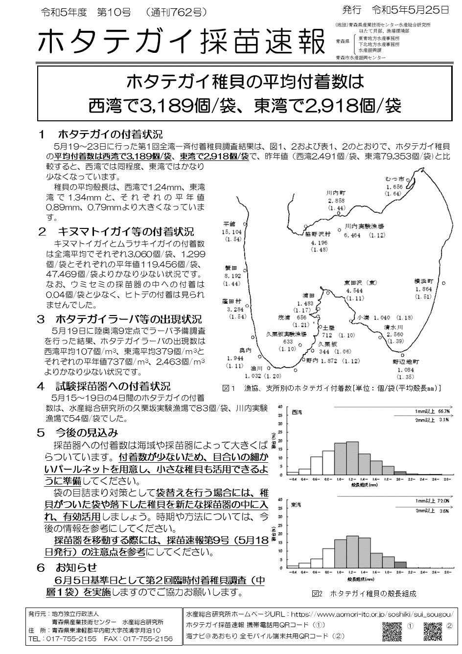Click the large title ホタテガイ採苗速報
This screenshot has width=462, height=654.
(181, 42)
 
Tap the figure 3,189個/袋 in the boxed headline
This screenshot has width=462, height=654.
(169, 105)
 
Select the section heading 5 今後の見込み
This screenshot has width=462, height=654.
(78, 432)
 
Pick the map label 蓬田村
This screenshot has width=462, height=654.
(231, 302)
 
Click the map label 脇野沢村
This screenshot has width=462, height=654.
(318, 233)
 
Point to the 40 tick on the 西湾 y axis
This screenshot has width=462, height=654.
(279, 406)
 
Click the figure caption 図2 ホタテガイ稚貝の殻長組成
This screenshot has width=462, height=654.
(364, 593)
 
